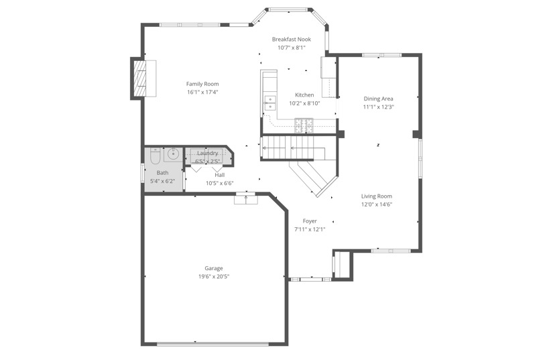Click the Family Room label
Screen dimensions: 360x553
click(202, 84)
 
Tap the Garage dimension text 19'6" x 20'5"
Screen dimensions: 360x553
click(214, 276)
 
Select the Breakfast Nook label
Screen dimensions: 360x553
click(291, 40)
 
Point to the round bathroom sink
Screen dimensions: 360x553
click(173, 154)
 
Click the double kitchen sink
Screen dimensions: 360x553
click(270, 103)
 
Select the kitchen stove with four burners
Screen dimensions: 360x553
click(304, 123)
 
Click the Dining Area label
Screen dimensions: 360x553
click(378, 99)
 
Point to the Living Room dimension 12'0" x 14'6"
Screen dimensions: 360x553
click(377, 204)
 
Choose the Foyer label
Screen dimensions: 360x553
click(310, 221)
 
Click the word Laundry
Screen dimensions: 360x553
click(207, 154)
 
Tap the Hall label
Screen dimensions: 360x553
click(220, 175)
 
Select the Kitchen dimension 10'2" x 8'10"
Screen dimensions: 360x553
click(304, 103)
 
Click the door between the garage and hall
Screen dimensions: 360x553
click(246, 197)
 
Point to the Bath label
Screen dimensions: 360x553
click(162, 173)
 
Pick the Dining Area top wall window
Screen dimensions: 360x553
click(381, 55)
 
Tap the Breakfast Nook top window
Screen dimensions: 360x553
click(290, 9)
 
